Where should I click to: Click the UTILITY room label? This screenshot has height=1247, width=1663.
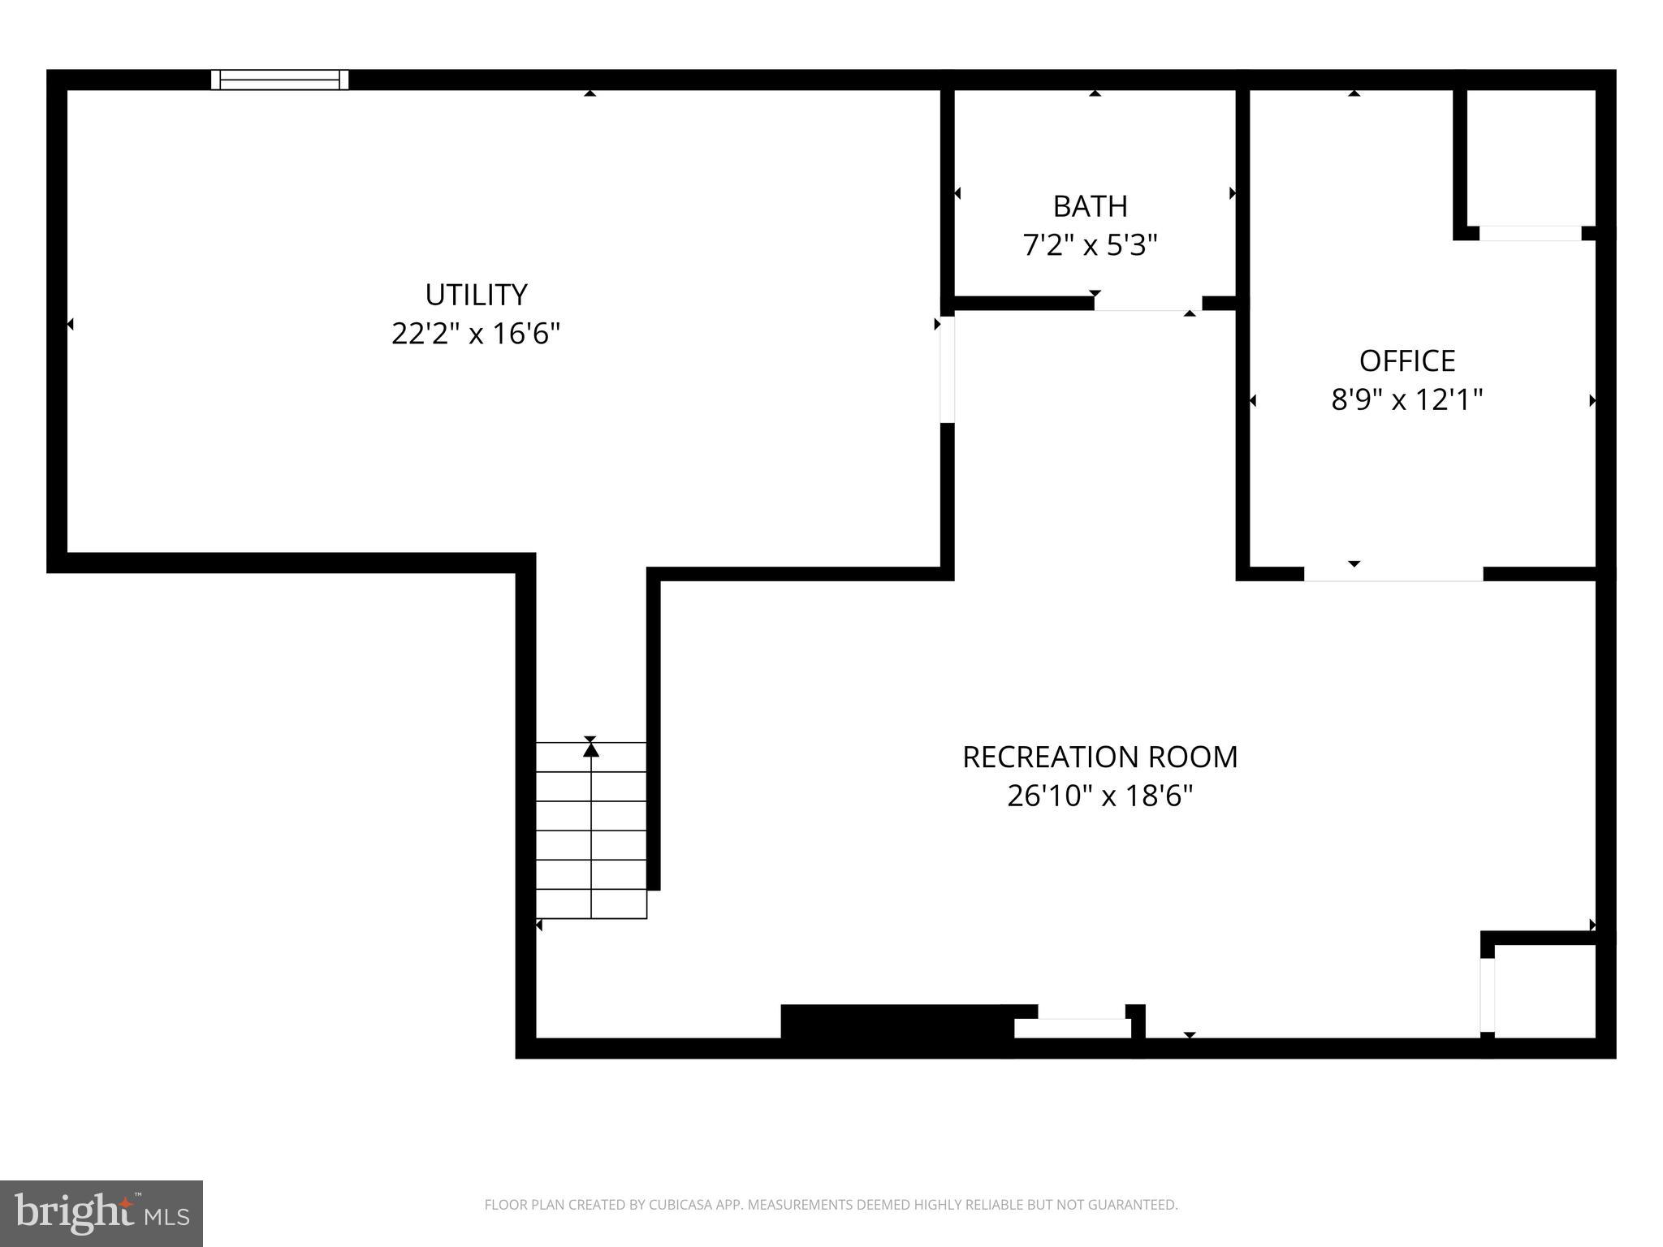(x=476, y=295)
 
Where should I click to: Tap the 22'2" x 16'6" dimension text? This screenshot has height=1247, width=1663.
(x=476, y=334)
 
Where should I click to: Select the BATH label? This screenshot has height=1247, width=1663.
(x=1090, y=206)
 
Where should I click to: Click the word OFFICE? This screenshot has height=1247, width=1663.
(x=1406, y=360)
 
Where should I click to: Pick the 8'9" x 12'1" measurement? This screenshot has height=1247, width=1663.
(x=1406, y=399)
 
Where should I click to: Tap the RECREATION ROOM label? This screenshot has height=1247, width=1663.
(x=1099, y=757)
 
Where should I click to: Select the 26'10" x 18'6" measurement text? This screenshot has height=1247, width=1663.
(x=1099, y=796)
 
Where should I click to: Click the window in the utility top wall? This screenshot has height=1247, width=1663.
(x=280, y=80)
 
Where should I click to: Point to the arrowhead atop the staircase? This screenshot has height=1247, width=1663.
(x=591, y=749)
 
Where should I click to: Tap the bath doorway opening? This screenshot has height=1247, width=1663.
(x=1147, y=304)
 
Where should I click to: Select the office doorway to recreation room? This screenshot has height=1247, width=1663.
(x=1393, y=573)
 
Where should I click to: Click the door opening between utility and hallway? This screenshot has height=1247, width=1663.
(x=947, y=369)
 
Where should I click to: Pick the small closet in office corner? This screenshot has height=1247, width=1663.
(x=1531, y=158)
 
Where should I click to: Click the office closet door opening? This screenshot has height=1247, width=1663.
(x=1531, y=234)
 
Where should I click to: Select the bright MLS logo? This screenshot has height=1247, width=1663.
(x=102, y=1214)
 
